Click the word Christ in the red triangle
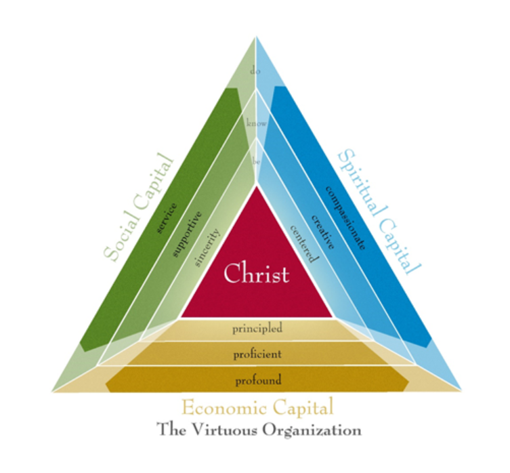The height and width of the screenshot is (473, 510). (x=256, y=273)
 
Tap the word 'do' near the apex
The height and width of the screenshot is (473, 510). (x=255, y=70)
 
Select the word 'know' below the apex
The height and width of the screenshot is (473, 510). (x=257, y=123)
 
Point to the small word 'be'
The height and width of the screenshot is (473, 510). (x=256, y=161)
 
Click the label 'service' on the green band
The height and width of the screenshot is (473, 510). (x=167, y=218)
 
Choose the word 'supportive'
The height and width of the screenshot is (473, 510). (x=186, y=234)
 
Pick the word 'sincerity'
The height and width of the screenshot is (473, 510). (x=207, y=248)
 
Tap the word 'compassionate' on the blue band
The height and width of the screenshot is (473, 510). (x=345, y=218)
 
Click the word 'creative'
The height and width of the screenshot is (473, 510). (x=322, y=232)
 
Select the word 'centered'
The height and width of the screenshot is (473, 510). (x=304, y=244)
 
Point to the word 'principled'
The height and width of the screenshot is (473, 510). (x=257, y=328)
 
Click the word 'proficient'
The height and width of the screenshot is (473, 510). (x=257, y=354)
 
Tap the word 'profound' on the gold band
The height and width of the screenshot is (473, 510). (x=258, y=380)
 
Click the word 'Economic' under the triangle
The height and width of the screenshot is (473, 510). (x=224, y=407)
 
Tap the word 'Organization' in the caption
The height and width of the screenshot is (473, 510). (x=312, y=430)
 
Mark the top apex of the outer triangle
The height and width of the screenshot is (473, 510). (x=255, y=37)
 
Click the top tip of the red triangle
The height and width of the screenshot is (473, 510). (x=257, y=186)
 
